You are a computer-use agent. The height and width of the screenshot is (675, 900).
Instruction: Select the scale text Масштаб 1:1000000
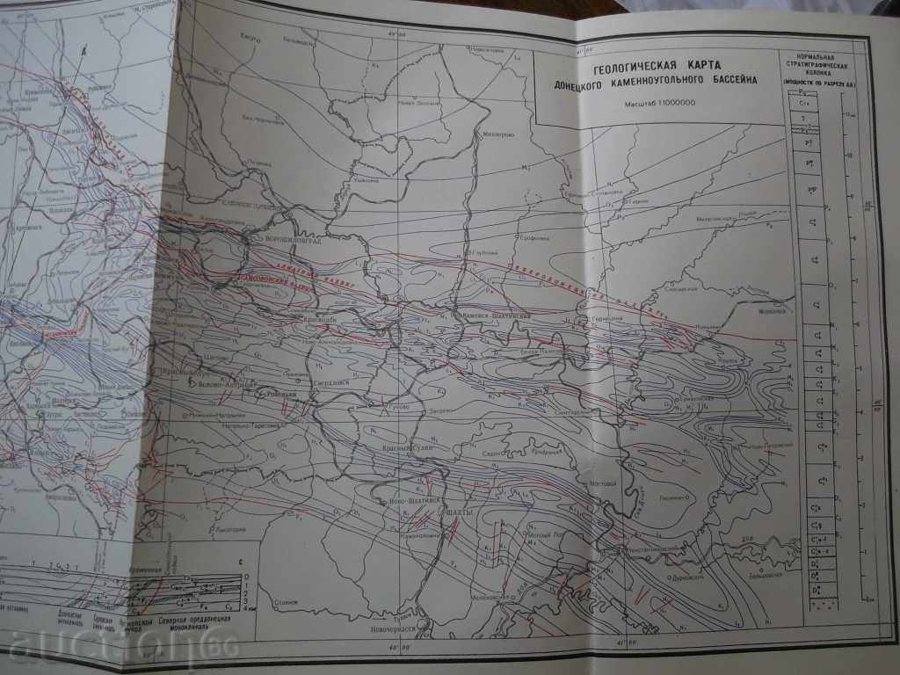(x=660, y=104)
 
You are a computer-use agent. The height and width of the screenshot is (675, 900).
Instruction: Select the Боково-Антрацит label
(x=227, y=384)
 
